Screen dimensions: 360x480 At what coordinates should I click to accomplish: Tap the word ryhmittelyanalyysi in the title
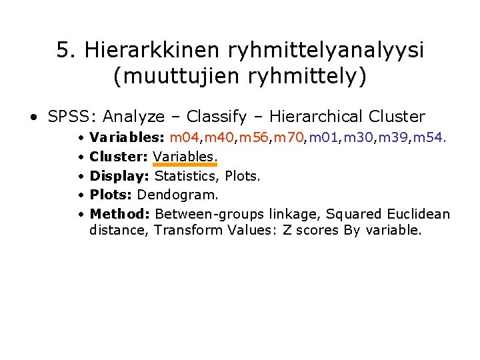point(327,50)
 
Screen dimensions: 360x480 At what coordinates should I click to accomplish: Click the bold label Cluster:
point(119,157)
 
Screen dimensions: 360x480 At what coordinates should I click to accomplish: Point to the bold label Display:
point(120,176)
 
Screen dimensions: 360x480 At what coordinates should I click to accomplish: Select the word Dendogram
point(178,195)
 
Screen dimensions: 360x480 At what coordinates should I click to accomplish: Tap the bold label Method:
point(119,214)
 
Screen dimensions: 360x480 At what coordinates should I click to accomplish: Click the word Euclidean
point(420,214)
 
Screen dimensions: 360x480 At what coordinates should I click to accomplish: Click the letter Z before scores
point(309,231)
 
